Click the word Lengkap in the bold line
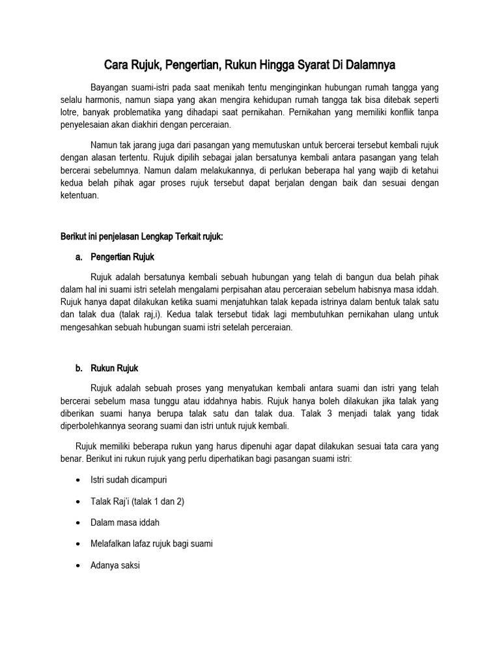(x=168, y=238)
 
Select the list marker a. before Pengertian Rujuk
(x=79, y=257)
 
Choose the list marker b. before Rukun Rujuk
(x=79, y=368)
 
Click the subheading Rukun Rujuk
(x=115, y=368)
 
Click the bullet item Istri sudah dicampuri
(x=129, y=481)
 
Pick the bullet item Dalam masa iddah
(x=125, y=522)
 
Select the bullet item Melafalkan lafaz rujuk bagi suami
(x=152, y=544)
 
